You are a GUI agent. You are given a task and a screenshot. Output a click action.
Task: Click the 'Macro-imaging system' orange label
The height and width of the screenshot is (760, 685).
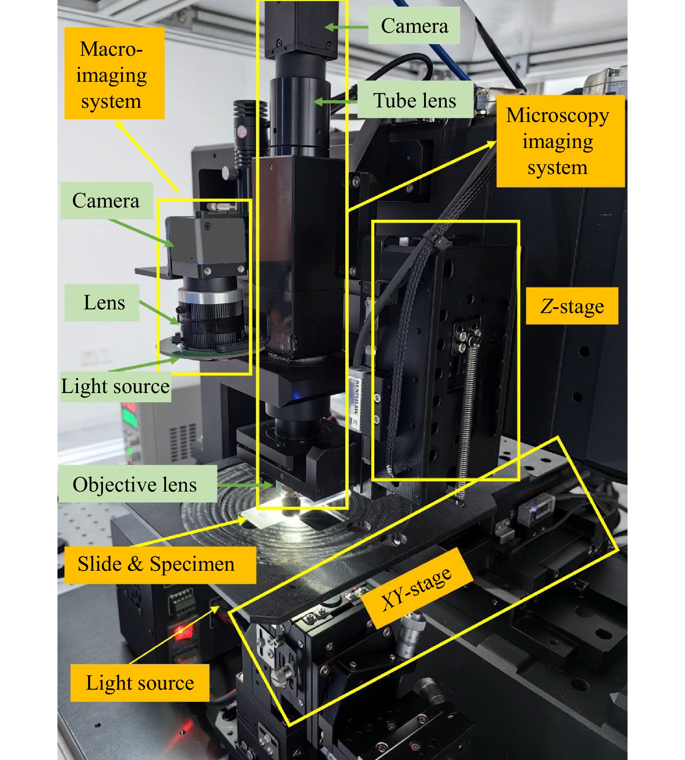click(114, 73)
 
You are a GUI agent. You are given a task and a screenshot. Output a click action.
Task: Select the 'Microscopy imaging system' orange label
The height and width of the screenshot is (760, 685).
click(560, 141)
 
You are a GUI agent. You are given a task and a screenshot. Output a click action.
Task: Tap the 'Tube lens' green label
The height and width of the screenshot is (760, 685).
click(415, 100)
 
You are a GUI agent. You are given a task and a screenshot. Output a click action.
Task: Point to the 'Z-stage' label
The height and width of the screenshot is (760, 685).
click(572, 306)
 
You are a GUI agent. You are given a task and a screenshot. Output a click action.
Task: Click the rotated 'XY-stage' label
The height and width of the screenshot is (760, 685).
click(417, 589)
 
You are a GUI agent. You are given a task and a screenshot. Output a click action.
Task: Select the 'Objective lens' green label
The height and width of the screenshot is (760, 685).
click(138, 484)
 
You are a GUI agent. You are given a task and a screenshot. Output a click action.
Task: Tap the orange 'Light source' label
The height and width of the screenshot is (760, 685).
click(140, 682)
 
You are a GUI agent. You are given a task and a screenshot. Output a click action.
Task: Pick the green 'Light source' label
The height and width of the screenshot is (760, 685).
click(115, 386)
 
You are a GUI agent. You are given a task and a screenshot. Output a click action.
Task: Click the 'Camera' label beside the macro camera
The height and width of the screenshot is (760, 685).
click(107, 200)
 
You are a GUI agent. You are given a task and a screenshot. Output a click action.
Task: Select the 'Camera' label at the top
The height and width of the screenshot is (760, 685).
click(414, 26)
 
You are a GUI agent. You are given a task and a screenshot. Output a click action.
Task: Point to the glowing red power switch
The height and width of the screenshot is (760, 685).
click(181, 630)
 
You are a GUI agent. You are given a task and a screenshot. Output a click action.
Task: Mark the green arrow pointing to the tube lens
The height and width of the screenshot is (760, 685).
click(335, 102)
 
